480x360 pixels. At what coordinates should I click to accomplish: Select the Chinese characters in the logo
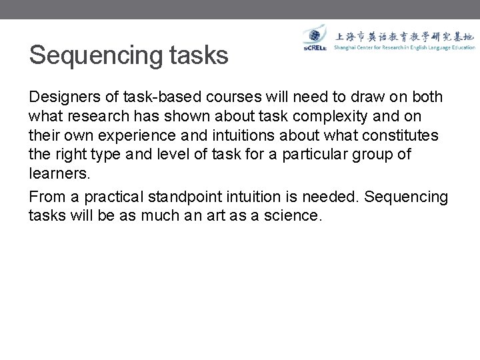(405, 36)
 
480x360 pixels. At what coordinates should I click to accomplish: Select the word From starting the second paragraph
(45, 197)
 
